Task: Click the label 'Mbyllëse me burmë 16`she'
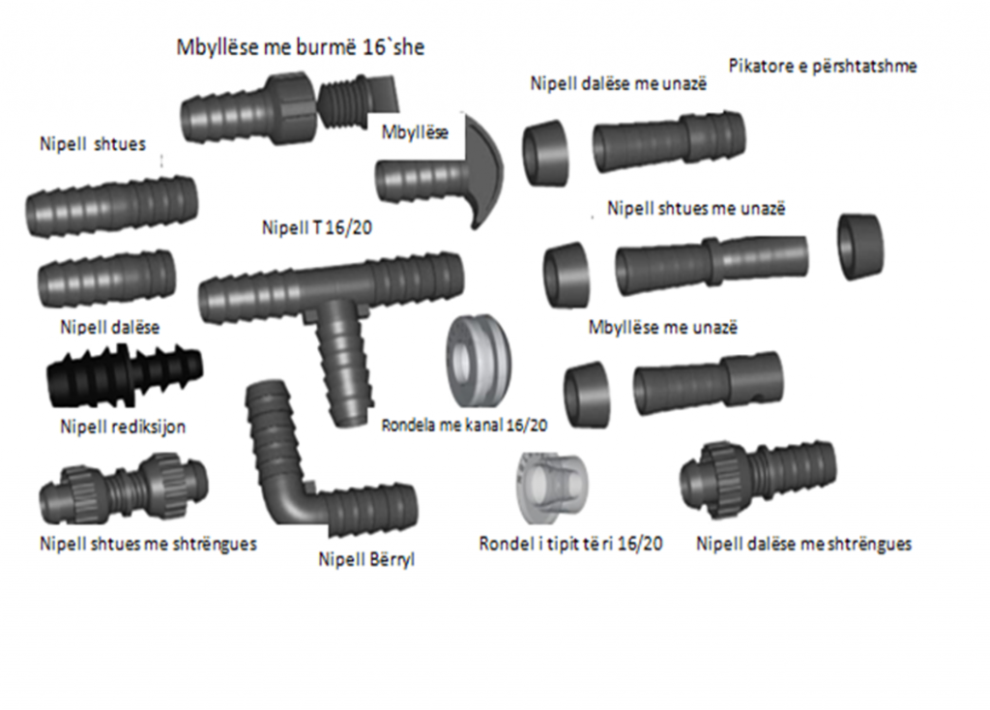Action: [x=301, y=46]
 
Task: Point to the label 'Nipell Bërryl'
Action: [x=366, y=560]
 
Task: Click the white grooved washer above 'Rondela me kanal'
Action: [x=479, y=362]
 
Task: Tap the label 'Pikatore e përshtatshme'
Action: [x=823, y=66]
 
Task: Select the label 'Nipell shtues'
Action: [x=93, y=144]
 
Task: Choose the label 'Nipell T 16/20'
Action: [x=317, y=227]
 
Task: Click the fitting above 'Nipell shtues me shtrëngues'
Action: [x=124, y=488]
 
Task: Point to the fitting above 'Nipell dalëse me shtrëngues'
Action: [x=758, y=479]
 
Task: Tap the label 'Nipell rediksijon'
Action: [x=123, y=427]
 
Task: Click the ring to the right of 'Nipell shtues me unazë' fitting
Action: [x=860, y=247]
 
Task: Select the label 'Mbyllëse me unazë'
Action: [x=663, y=327]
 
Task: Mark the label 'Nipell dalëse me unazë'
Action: [x=619, y=83]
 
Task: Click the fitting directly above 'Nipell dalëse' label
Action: [x=106, y=280]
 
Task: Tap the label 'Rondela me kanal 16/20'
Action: [x=465, y=425]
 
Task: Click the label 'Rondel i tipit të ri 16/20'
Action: [x=570, y=544]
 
